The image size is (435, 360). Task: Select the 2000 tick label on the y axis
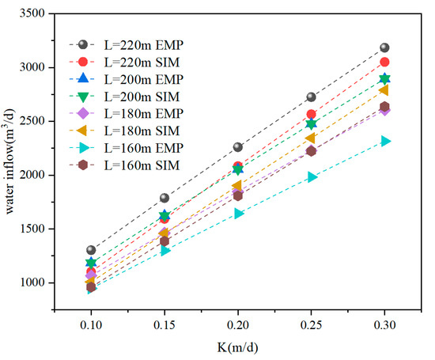point(40,176)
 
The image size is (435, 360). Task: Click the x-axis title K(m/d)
point(237,345)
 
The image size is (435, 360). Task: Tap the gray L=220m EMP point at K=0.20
point(238,147)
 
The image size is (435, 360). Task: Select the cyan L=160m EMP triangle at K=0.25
point(312,177)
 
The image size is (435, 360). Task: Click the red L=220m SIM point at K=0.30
point(384,62)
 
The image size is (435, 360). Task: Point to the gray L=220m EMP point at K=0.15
point(165,198)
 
